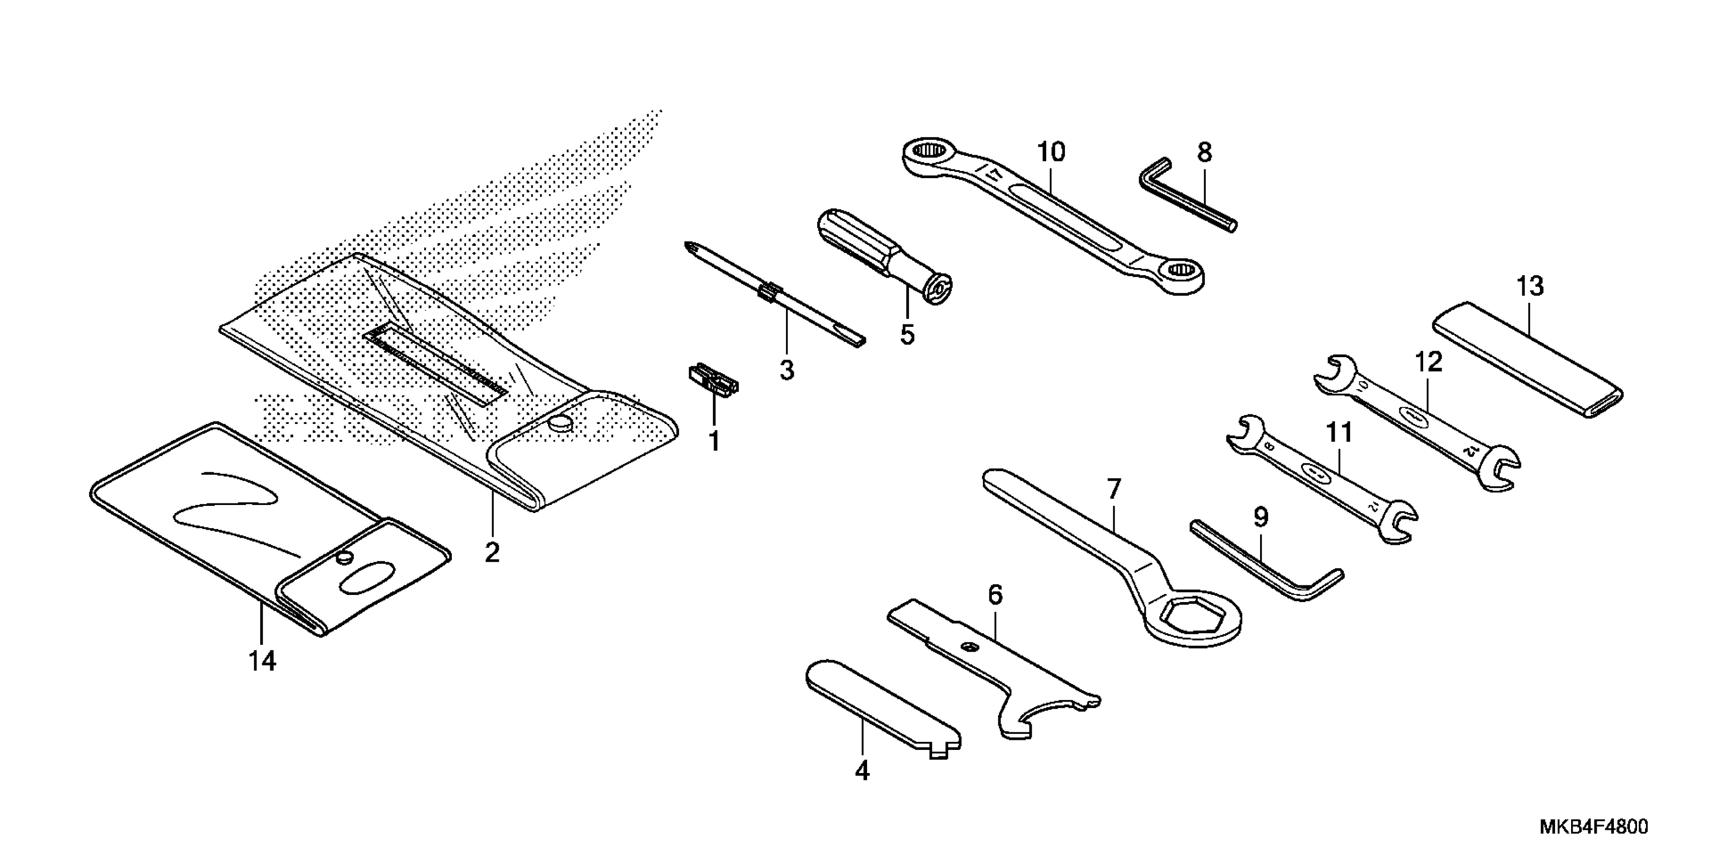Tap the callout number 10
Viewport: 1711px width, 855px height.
1051,152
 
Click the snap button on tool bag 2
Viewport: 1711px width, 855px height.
563,423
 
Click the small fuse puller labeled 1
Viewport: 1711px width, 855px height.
712,383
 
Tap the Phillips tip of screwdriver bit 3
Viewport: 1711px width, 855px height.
689,249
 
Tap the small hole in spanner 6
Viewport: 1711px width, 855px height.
971,647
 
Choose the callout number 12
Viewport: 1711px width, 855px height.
1428,362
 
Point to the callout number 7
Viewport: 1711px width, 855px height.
1114,490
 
